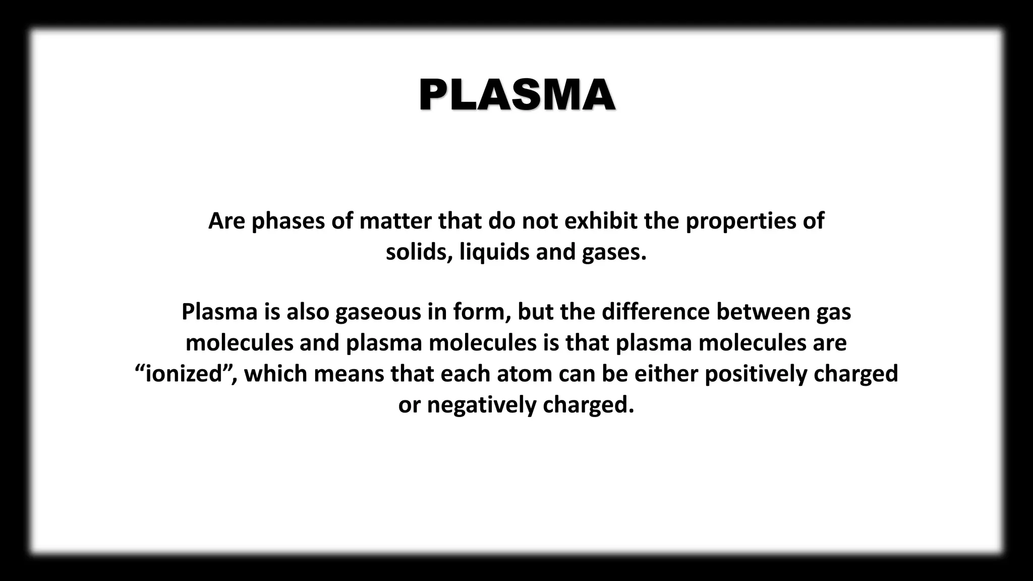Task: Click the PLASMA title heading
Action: click(516, 95)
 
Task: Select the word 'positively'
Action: click(756, 374)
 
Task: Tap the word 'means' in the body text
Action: click(349, 374)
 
